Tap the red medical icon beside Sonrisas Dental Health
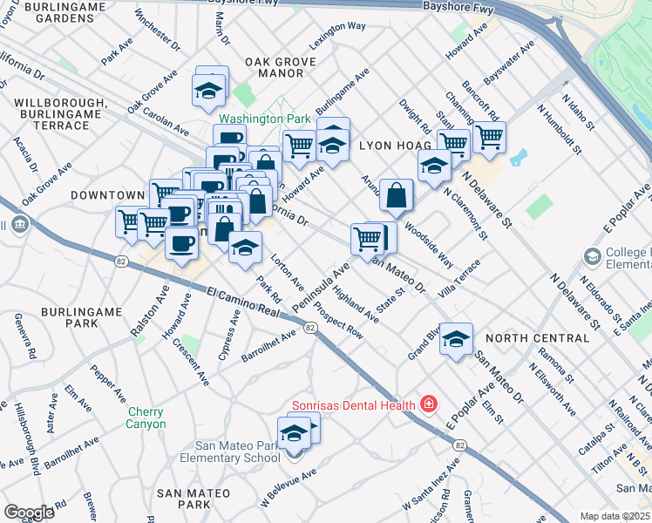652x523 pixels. [x=428, y=404]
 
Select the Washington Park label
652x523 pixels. [x=264, y=118]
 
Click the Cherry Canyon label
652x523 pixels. [x=146, y=418]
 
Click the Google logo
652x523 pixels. [x=29, y=512]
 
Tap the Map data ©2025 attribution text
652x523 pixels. [x=615, y=516]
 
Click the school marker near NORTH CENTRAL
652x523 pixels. [x=456, y=340]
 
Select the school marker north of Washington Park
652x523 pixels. [x=209, y=91]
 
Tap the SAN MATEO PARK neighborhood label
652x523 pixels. [x=183, y=499]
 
